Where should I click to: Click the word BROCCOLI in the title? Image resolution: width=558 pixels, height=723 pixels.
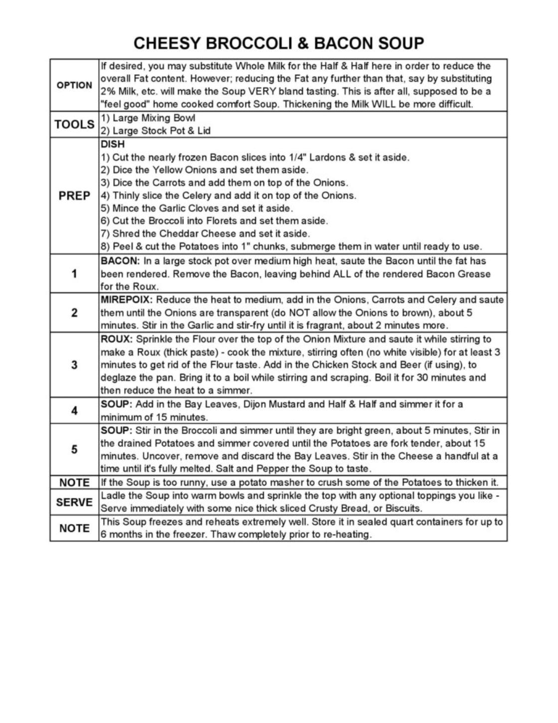coord(249,43)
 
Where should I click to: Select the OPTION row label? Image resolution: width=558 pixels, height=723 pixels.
coord(74,85)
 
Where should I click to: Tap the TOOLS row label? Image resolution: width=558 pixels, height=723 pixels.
coord(74,124)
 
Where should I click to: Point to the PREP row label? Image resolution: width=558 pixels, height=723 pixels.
coord(74,196)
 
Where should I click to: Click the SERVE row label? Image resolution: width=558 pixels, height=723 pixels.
coord(74,502)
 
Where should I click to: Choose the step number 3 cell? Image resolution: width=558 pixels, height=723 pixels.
coord(74,365)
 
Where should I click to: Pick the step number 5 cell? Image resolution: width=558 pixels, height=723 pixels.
coord(74,450)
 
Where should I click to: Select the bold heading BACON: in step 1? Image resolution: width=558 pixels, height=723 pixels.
coord(120,261)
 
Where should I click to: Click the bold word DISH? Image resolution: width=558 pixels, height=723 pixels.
coord(113,144)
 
